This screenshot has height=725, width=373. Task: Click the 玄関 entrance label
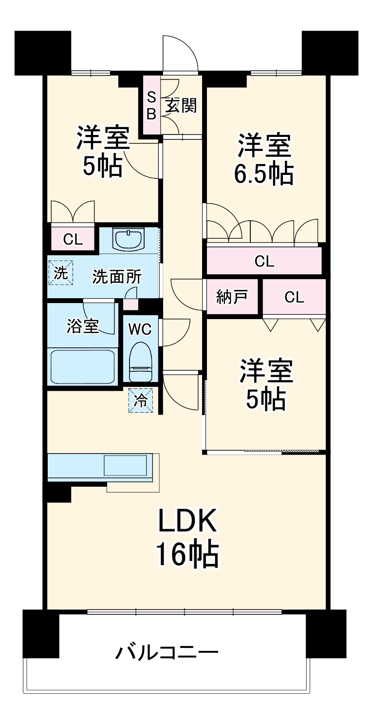pyautogui.click(x=181, y=105)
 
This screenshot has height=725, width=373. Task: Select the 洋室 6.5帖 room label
pyautogui.click(x=264, y=160)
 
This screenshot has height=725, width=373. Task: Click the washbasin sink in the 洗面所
pyautogui.click(x=129, y=239)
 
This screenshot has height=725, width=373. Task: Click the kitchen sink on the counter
pyautogui.click(x=125, y=465)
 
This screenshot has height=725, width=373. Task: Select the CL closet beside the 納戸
pyautogui.click(x=294, y=297)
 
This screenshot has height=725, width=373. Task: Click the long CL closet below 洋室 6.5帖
pyautogui.click(x=264, y=261)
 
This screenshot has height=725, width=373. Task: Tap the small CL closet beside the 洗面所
pyautogui.click(x=73, y=239)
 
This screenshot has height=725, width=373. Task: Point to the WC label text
pyautogui.click(x=140, y=329)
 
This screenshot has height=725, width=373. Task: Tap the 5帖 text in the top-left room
pyautogui.click(x=102, y=167)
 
